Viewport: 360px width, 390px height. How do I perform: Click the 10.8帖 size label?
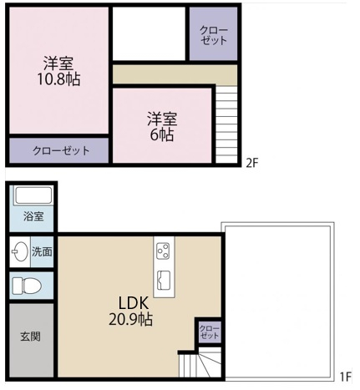click(58, 79)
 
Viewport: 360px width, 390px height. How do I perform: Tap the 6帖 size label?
click(162, 134)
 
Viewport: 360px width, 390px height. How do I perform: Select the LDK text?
click(133, 303)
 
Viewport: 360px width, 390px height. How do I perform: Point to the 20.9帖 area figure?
click(130, 320)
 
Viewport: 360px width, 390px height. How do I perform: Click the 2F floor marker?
click(252, 163)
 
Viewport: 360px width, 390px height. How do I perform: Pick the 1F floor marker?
click(346, 377)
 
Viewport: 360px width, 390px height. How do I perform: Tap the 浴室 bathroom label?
click(33, 216)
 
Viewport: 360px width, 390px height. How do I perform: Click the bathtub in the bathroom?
click(33, 195)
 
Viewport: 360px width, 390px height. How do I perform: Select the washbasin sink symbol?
click(19, 251)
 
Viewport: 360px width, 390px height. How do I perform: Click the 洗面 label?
click(42, 251)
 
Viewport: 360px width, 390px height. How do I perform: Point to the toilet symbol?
click(27, 286)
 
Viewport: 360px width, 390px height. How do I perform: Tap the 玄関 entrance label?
click(30, 337)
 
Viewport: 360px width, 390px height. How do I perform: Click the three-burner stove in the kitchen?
click(163, 251)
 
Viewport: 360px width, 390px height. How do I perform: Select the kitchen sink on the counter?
click(164, 280)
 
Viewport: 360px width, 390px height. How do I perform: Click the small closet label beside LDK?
click(210, 332)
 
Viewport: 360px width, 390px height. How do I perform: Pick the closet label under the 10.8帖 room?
click(61, 151)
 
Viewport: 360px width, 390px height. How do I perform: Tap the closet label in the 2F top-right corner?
click(214, 35)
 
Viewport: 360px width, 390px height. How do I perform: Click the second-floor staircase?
click(226, 124)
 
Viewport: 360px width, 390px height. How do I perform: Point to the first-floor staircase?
click(200, 363)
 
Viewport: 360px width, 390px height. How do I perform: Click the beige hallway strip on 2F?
click(175, 74)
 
